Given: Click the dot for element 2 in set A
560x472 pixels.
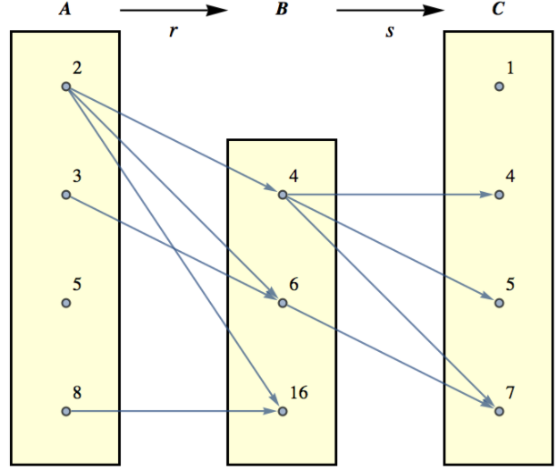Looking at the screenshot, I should [x=65, y=86].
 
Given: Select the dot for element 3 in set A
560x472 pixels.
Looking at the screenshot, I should [x=65, y=195].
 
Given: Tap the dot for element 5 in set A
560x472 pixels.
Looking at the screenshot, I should [x=65, y=303].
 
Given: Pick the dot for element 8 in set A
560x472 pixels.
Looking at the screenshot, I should [x=65, y=412].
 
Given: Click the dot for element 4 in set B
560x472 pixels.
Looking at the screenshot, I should [x=282, y=195].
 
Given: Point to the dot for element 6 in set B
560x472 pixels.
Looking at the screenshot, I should [x=282, y=303].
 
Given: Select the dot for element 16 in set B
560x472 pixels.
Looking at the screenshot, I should [x=282, y=412].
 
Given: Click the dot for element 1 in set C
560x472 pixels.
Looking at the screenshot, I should [x=498, y=86].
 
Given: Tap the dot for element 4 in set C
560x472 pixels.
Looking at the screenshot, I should [x=498, y=195].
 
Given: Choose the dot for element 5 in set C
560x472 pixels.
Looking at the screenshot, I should [x=498, y=303].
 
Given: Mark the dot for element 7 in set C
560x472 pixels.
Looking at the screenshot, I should [x=498, y=412].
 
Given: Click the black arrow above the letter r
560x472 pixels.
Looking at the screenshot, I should [x=173, y=12].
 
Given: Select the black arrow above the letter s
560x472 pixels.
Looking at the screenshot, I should [x=389, y=12].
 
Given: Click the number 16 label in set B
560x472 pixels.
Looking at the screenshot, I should [x=299, y=394].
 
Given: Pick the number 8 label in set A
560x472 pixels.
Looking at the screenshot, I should [x=77, y=394].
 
